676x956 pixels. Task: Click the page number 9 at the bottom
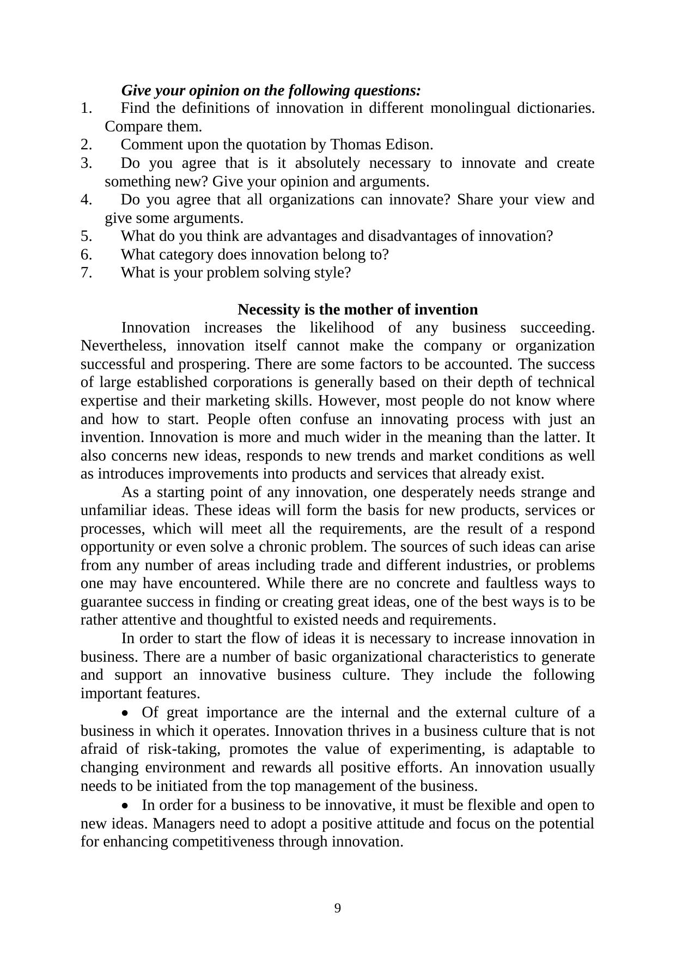(x=338, y=908)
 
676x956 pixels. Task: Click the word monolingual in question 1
(x=470, y=108)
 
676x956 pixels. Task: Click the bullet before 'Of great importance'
(x=126, y=713)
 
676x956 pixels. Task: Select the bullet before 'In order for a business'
(x=126, y=806)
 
